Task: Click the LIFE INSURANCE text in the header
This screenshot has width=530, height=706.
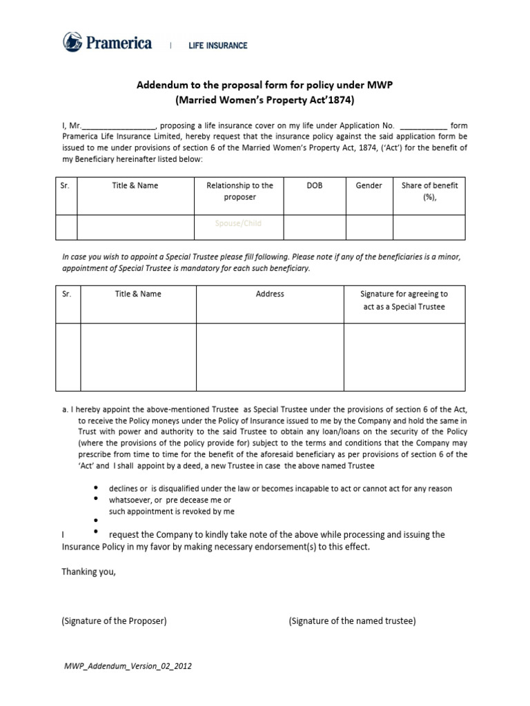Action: pos(218,46)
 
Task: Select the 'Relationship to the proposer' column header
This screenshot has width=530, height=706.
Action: pos(239,191)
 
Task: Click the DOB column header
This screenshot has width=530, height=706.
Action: pos(315,185)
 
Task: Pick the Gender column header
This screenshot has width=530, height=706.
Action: pos(369,185)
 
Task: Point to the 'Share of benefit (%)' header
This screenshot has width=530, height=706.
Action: pos(429,191)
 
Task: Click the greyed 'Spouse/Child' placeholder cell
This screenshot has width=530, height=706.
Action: pos(239,223)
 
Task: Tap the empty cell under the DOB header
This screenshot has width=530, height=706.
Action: pos(315,226)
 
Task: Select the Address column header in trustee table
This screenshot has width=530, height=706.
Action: pos(270,294)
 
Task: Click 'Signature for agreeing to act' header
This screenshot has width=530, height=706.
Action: pos(404,300)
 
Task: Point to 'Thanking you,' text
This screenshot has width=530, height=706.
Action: pos(89,571)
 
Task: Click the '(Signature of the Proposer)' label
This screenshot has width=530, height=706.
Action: pos(114,621)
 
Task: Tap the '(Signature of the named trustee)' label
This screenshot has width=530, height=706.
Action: pos(352,621)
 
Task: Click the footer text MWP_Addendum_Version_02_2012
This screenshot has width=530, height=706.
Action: pos(127,666)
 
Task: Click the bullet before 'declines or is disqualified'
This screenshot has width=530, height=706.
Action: pos(95,487)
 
